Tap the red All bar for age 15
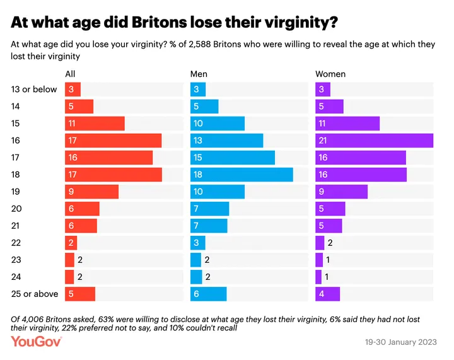[95, 123]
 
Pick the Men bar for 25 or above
[208, 294]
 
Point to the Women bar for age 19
[341, 192]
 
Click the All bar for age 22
[71, 243]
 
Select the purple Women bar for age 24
[318, 277]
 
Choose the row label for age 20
[16, 209]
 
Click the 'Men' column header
[199, 74]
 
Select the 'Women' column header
[330, 74]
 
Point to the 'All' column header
[70, 74]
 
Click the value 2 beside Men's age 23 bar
[207, 260]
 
